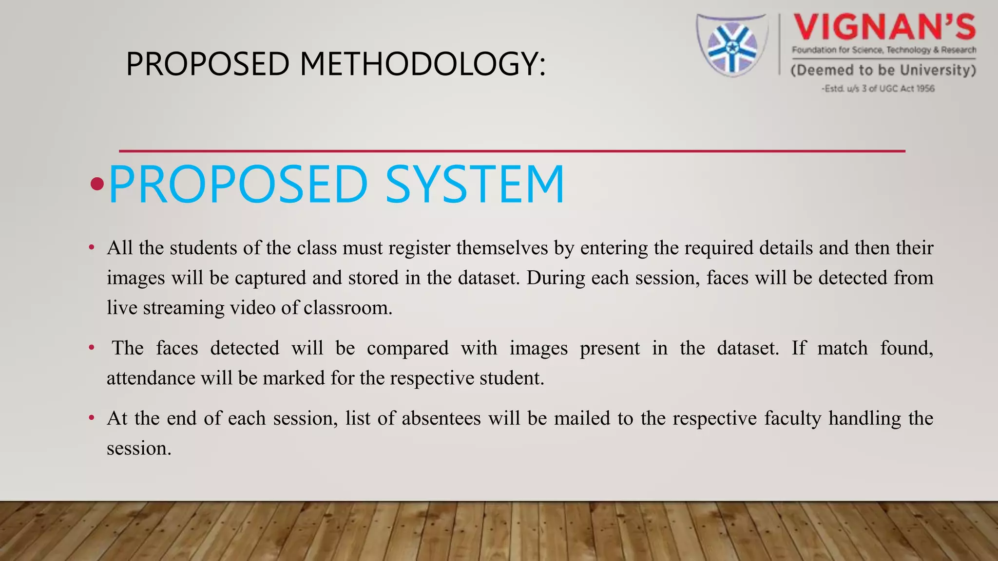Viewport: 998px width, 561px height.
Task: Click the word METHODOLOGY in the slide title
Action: click(x=422, y=64)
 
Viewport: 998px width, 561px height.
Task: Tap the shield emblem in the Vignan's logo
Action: click(x=731, y=45)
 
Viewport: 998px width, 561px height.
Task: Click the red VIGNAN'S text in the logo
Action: click(x=884, y=27)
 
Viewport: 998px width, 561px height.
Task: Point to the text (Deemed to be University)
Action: click(x=883, y=70)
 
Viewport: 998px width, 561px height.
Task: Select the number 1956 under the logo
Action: click(x=925, y=89)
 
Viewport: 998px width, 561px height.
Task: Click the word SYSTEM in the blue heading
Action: click(x=475, y=185)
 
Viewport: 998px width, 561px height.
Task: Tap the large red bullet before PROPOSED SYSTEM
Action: click(x=97, y=184)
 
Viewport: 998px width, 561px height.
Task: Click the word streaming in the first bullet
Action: click(x=183, y=308)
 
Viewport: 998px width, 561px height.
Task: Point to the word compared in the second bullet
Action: click(x=407, y=348)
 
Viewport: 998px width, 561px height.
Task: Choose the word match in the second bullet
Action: click(x=842, y=348)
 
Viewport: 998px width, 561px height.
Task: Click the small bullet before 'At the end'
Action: click(x=92, y=418)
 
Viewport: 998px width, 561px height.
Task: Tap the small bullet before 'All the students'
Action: click(x=92, y=248)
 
